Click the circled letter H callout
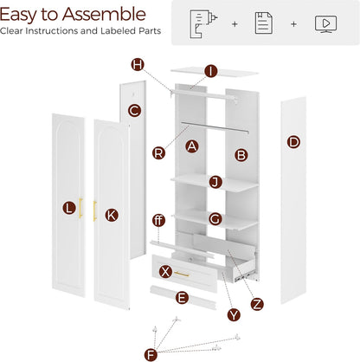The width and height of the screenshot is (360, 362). coord(138,65)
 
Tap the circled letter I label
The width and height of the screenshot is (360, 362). coord(211,71)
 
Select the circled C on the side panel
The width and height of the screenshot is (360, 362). coord(134,111)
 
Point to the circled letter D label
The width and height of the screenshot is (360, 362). coord(293,142)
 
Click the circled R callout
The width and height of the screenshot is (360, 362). coord(158,152)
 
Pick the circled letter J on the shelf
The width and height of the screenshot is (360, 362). coord(215,182)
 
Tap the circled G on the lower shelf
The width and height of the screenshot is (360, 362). coord(215,219)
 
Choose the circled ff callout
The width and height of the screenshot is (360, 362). coord(158,221)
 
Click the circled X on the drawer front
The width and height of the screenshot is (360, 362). coord(165,272)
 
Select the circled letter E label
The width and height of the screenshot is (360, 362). coord(182,298)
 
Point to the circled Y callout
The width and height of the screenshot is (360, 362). coord(234,314)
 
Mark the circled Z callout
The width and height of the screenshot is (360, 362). coord(257,304)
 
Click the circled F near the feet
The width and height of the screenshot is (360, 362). coord(151,354)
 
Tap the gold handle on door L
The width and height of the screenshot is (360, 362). coord(80,208)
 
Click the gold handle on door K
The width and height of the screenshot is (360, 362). coord(94,211)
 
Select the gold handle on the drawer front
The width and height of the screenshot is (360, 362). coord(182,274)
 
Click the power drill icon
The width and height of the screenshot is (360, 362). coord(203,23)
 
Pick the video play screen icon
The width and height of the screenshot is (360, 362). coord(325,24)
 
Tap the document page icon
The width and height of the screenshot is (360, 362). coord(264,23)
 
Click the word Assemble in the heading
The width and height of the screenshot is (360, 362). coord(104,15)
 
